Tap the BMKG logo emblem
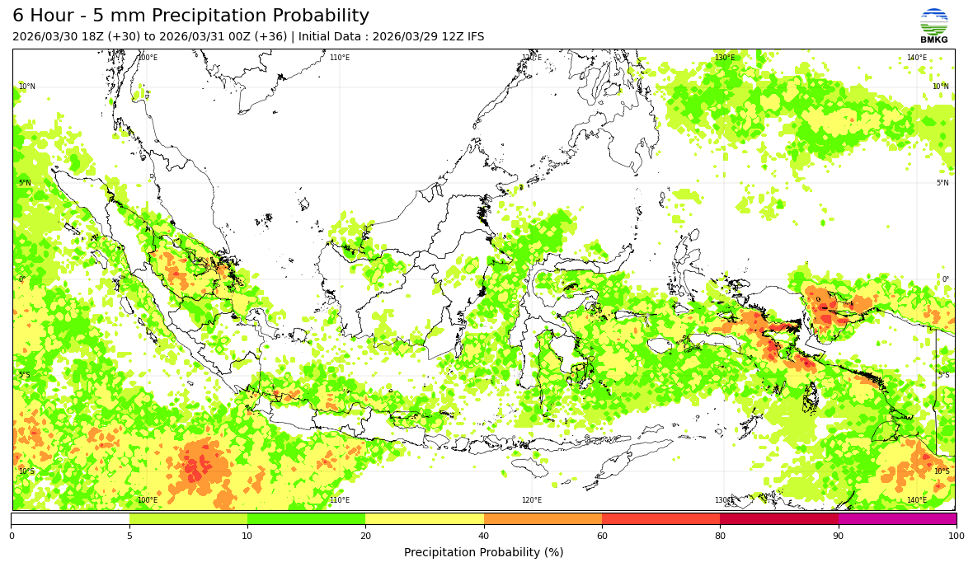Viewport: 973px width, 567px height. tap(934, 21)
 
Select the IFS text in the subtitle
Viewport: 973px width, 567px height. tap(474, 37)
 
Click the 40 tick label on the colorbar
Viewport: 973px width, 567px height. tap(484, 537)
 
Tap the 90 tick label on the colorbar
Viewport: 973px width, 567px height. tap(839, 537)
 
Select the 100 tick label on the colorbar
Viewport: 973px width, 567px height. tap(956, 537)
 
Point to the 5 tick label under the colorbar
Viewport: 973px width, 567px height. tap(129, 537)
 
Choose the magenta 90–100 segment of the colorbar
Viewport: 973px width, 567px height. tap(897, 519)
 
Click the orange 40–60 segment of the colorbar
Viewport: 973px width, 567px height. tap(543, 519)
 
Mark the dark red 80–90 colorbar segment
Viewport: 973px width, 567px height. tap(779, 519)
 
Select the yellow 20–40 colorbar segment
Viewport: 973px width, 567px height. tap(425, 519)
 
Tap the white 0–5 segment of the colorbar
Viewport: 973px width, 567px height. tap(70, 519)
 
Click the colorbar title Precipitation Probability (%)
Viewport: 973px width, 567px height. tap(484, 552)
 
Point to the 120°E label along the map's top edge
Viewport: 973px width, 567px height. tap(532, 58)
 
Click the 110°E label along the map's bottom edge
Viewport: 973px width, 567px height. tap(340, 500)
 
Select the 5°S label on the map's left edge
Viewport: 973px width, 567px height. tap(26, 376)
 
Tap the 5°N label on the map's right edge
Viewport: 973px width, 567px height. tap(942, 183)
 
